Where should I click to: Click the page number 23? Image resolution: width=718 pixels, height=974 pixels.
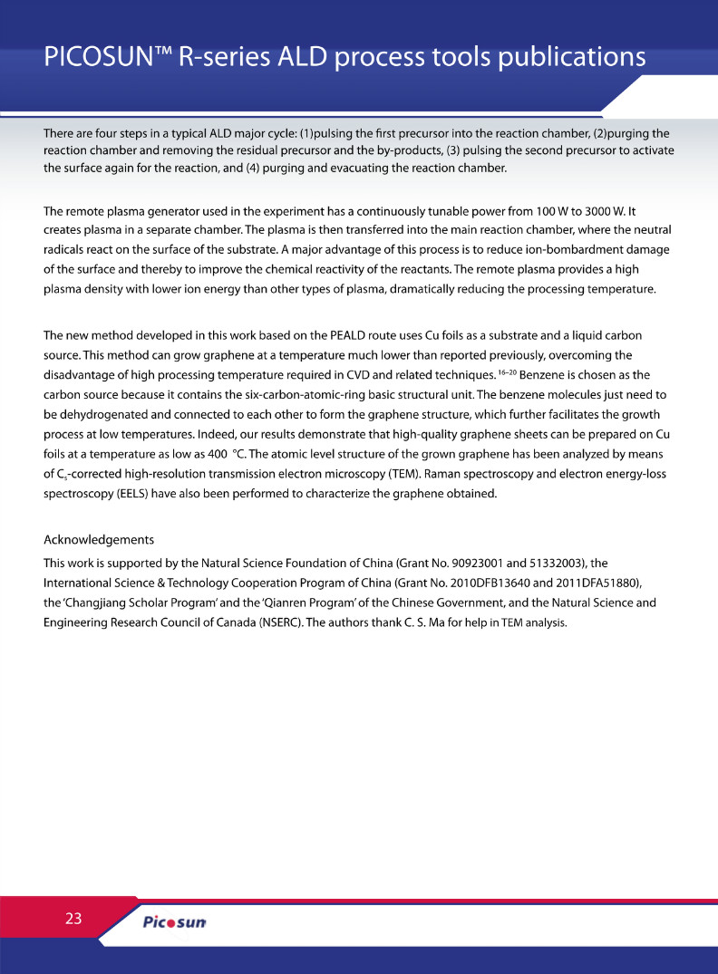tap(73, 918)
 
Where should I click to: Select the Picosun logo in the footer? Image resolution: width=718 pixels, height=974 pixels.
tap(175, 922)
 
